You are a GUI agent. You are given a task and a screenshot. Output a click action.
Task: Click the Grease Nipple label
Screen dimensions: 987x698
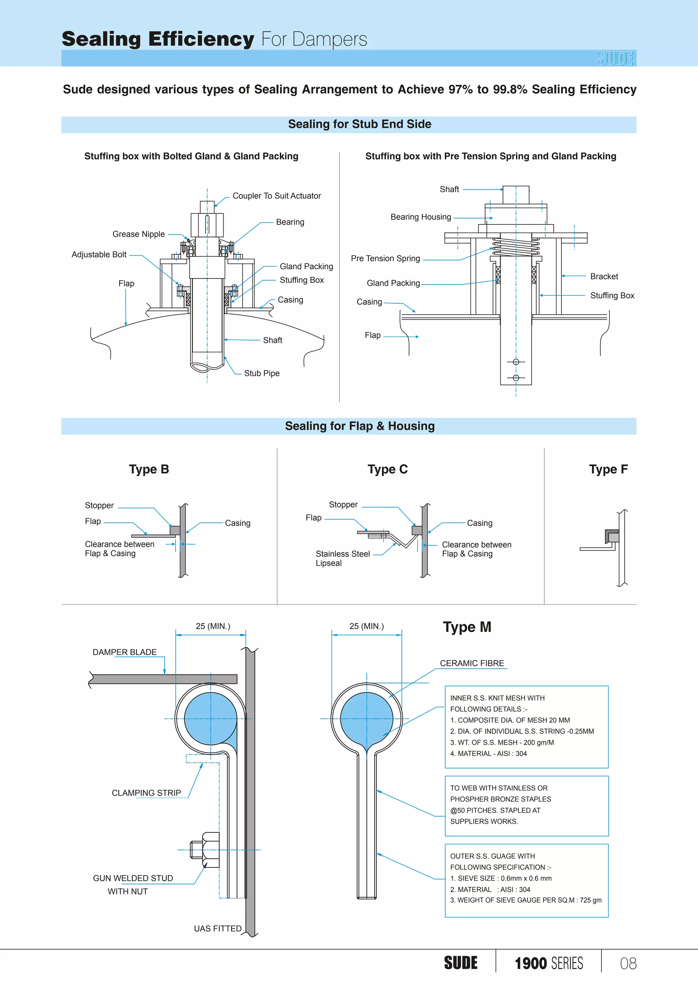point(138,234)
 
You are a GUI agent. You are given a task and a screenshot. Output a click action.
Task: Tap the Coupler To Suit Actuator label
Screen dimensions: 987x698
point(276,196)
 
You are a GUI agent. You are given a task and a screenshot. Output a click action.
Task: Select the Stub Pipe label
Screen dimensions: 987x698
point(261,373)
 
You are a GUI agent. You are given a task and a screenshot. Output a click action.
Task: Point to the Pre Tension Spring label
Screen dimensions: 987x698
point(385,258)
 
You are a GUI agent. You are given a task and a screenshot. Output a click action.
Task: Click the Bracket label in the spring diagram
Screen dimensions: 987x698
point(604,276)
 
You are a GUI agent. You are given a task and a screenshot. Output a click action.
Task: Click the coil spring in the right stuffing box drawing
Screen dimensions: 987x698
point(516,247)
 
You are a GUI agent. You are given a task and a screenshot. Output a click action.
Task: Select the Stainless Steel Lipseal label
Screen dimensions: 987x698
point(342,558)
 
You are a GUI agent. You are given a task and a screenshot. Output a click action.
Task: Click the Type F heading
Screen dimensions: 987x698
point(608,469)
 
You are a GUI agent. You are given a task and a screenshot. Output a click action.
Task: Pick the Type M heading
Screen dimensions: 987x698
point(467,627)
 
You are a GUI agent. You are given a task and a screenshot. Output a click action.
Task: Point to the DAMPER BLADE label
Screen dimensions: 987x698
point(125,652)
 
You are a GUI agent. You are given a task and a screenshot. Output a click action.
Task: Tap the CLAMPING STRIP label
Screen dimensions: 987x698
point(146,792)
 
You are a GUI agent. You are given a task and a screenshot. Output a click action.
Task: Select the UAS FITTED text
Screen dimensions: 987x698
point(217,928)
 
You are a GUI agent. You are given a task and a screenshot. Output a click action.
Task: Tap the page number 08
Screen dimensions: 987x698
point(628,963)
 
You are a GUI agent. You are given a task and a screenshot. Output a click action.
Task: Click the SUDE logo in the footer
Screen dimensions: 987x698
point(460,963)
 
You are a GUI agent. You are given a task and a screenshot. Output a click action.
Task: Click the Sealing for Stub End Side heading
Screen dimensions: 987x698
point(359,124)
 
